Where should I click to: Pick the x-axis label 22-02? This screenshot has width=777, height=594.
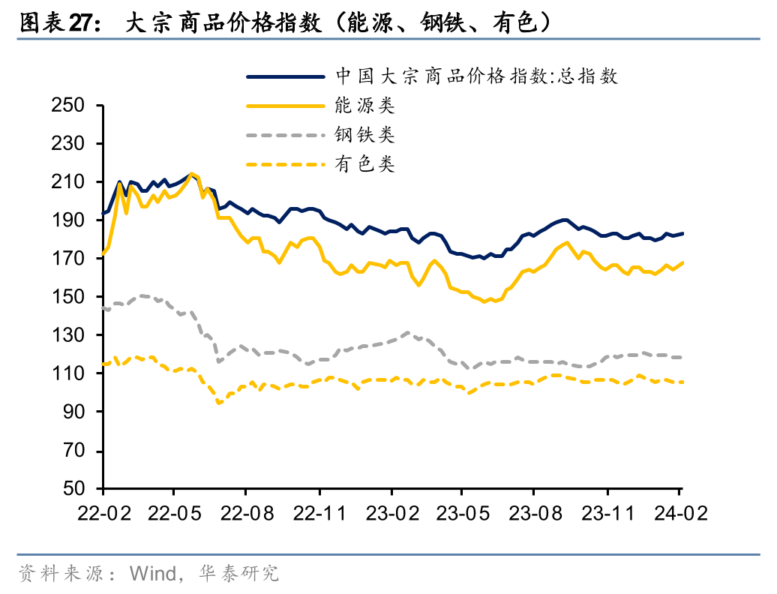click(103, 514)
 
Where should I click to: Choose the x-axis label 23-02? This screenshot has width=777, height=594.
click(391, 514)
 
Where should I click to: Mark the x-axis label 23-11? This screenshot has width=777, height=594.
click(607, 514)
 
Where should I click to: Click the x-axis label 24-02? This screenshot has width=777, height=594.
click(679, 514)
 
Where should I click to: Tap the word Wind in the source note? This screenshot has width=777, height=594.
click(152, 574)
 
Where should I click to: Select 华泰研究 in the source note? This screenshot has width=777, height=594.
click(239, 574)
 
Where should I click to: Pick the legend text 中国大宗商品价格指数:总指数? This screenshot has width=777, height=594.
click(476, 76)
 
